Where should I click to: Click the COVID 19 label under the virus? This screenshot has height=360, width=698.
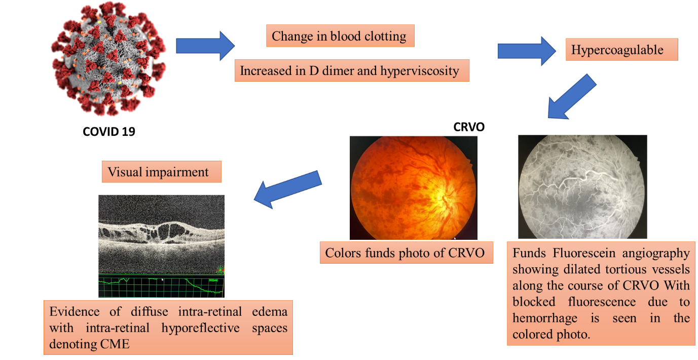tap(109, 131)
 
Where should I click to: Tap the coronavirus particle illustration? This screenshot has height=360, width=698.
tap(108, 59)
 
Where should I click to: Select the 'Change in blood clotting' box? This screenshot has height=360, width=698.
tap(340, 36)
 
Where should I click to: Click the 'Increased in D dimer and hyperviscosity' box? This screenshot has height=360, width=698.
tap(352, 70)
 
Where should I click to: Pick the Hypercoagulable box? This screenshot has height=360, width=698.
tap(621, 50)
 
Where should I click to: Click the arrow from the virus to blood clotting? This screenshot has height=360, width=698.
tap(205, 46)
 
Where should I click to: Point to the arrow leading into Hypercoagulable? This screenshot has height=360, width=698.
tap(527, 51)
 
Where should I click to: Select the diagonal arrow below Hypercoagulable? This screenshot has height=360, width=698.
tap(572, 97)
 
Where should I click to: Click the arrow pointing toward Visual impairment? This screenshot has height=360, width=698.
tap(288, 189)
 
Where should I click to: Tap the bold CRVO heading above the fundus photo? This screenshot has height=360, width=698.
tap(469, 127)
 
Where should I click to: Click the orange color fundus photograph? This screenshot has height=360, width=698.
tap(414, 188)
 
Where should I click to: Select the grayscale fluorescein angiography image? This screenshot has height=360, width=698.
tap(582, 187)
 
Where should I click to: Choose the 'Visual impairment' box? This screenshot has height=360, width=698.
tap(161, 172)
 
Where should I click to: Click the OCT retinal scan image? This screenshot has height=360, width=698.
tap(161, 246)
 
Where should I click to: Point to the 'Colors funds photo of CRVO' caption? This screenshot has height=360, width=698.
tap(407, 253)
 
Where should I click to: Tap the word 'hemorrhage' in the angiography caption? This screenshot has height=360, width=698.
tap(545, 318)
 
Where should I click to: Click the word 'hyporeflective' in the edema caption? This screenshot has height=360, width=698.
tap(200, 328)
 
